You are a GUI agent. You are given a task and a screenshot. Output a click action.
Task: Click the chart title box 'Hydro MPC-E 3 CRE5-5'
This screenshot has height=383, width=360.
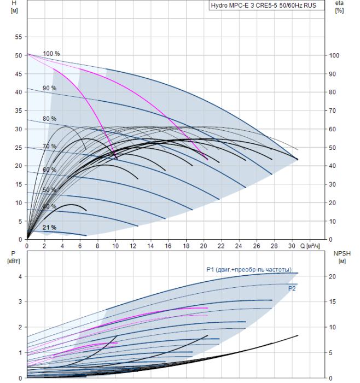tap(266, 5)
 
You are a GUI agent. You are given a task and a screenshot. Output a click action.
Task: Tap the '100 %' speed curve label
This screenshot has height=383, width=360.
tap(51, 54)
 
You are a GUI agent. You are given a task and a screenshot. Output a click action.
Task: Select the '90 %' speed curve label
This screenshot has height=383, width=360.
tap(50, 88)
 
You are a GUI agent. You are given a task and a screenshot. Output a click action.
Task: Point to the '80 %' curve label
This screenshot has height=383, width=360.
tap(50, 119)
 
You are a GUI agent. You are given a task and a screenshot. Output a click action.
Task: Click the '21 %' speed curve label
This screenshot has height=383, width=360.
tap(50, 228)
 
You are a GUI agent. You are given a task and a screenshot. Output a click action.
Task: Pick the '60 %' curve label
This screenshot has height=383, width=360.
tap(50, 170)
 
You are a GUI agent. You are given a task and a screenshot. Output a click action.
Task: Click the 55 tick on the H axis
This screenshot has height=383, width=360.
tap(18, 37)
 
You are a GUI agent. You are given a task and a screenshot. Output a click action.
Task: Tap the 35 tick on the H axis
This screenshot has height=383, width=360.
tap(18, 111)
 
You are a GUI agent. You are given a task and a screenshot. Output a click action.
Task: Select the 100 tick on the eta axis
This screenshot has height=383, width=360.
tap(334, 55)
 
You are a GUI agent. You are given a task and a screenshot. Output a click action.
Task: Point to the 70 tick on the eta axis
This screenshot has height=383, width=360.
tap(333, 111)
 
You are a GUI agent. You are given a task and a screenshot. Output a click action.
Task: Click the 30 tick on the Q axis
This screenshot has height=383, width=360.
tap(292, 246)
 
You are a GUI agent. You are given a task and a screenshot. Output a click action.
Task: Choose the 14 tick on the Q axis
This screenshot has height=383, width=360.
tap(150, 246)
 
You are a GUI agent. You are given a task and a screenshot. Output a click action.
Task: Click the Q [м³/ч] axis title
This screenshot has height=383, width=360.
tap(310, 246)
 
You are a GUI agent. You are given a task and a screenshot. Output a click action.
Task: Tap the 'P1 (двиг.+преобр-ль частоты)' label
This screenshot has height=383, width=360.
tap(249, 269)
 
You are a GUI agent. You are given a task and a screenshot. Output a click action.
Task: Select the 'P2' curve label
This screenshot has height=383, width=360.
tap(292, 288)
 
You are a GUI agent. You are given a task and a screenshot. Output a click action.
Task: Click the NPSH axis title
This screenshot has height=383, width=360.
tap(342, 257)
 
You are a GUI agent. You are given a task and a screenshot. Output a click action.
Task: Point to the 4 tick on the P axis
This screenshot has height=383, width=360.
tap(20, 276)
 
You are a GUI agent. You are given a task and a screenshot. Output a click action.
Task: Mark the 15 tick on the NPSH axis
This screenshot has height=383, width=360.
tap(333, 301)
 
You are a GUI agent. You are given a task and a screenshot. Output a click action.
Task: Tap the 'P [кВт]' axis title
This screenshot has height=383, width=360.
tap(14, 257)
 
